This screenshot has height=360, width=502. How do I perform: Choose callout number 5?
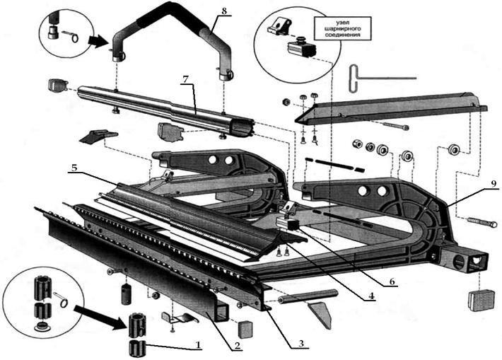point(74,169)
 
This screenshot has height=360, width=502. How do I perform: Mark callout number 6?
point(390,281)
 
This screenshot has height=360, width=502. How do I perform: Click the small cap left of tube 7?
point(57,86)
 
